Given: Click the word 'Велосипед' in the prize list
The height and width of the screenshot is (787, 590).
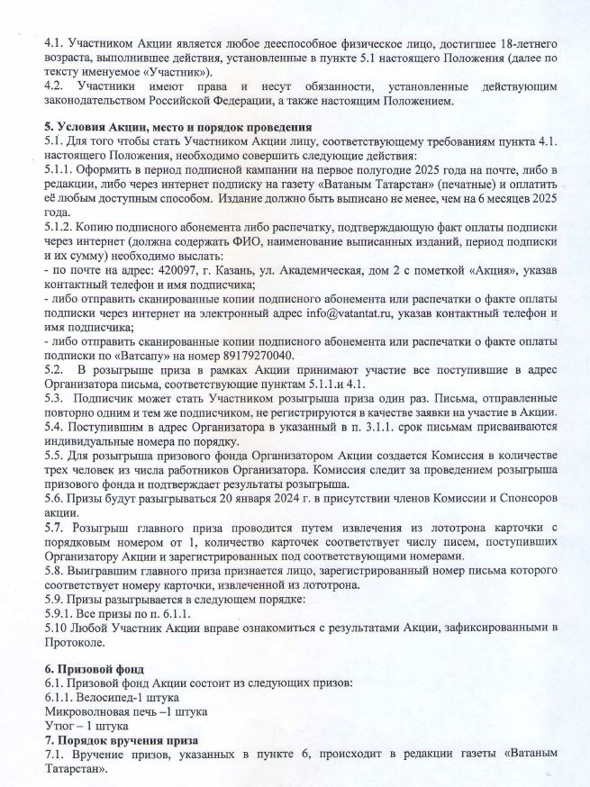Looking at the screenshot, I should [x=106, y=698].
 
